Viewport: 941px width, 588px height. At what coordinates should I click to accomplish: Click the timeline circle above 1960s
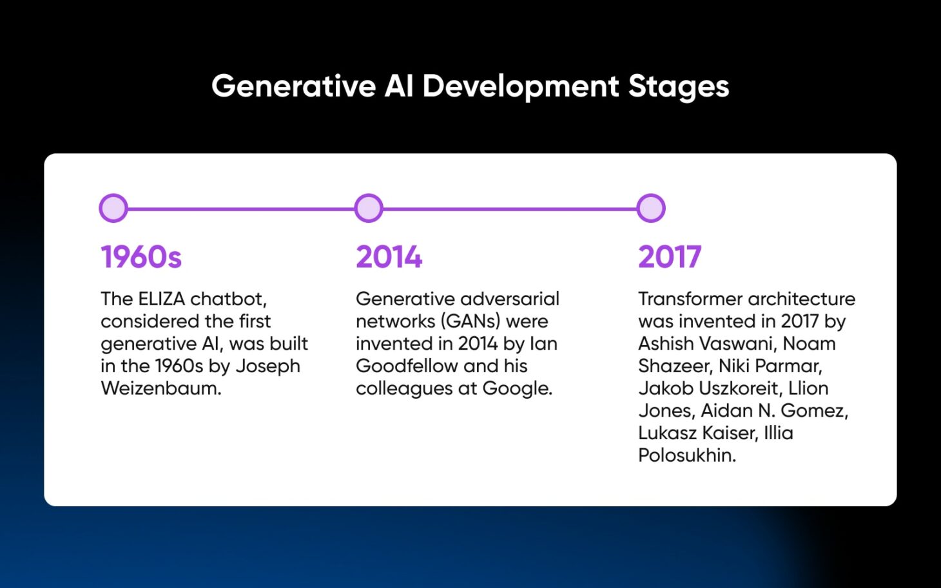113,209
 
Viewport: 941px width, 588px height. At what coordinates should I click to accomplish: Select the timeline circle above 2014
369,209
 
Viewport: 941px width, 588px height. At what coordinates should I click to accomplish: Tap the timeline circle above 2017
651,209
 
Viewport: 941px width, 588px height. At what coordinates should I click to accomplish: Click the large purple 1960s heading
141,257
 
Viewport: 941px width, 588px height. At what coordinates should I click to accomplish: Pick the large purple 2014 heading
389,257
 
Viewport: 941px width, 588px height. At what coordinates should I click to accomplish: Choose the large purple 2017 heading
670,257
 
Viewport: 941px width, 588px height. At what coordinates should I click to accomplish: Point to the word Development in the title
520,86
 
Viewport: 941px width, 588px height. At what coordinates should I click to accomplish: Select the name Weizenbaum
160,388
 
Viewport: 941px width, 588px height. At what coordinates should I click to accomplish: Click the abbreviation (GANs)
471,321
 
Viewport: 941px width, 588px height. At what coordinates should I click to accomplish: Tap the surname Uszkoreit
739,388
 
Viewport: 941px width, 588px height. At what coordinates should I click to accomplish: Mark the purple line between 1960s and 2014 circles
241,209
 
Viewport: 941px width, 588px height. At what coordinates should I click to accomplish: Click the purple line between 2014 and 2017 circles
510,209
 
